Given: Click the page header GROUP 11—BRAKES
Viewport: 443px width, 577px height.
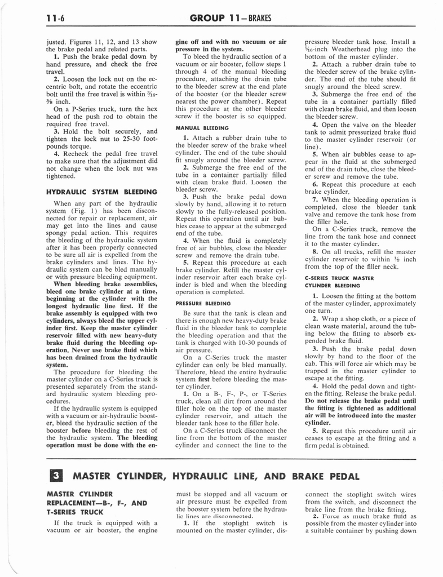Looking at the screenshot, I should (x=231, y=18).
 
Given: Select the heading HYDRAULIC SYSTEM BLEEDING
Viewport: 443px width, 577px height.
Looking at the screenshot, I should (x=101, y=192).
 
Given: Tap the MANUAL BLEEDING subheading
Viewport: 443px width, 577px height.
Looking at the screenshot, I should (x=197, y=128).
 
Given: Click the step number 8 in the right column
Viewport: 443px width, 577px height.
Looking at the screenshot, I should (x=316, y=251).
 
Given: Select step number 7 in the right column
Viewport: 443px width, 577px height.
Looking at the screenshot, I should (x=316, y=199).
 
